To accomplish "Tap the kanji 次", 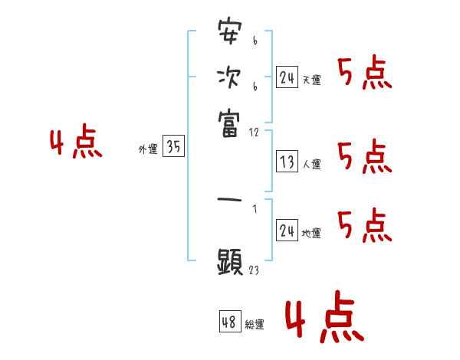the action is pos(229,77).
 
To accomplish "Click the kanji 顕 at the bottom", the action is pos(229,262).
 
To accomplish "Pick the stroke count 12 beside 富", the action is pos(254,133).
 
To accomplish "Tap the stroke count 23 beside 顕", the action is pos(253,270).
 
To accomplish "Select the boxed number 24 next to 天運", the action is pos(287,77).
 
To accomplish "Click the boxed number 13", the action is pos(287,162).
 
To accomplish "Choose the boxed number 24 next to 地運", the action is pos(287,231).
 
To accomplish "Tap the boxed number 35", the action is pos(173,148).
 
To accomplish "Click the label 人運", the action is pos(312,164).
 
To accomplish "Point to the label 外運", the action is pos(147,150).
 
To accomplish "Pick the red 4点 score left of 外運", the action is pos(75,144).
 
